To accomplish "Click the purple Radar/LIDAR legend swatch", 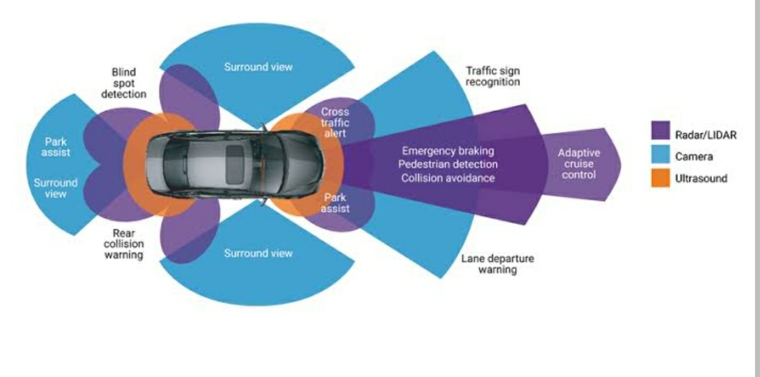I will point(661,131).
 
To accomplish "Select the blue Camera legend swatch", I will point(661,155).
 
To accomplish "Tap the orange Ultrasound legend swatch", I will point(661,179).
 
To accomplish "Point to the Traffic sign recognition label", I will point(493,76).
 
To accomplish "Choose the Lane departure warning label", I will point(497,264).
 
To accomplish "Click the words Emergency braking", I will point(447,151).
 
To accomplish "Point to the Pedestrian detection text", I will point(447,164).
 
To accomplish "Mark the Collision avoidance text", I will point(447,178).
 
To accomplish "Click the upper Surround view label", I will point(258,67).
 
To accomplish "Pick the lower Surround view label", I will point(258,253).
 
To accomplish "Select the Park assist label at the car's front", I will point(334,203).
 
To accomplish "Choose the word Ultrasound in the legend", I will point(701,179).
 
